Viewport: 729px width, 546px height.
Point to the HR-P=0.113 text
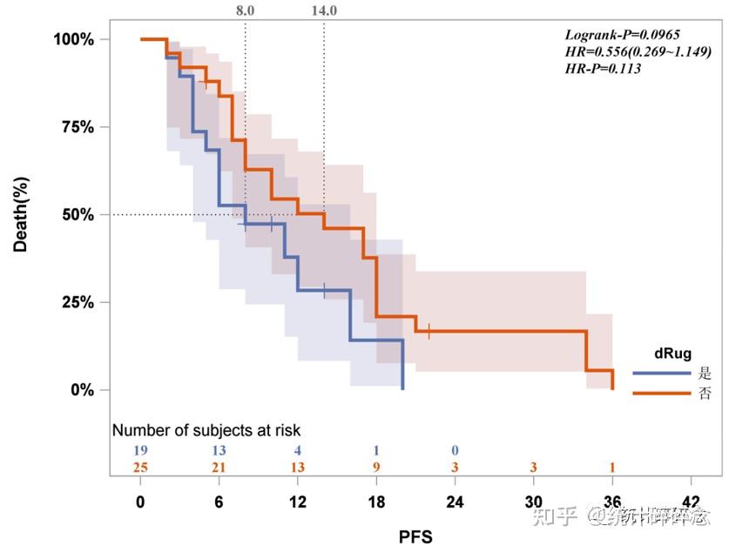pos(604,68)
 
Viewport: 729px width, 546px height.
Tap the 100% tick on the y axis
pos(74,39)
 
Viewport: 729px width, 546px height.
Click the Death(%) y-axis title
pos(21,214)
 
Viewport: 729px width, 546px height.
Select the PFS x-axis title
pos(415,533)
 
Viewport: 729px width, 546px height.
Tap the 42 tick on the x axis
pos(691,502)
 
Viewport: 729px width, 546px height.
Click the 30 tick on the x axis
pos(534,502)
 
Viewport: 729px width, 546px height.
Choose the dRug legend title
pos(672,354)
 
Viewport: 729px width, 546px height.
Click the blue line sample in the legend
pos(662,374)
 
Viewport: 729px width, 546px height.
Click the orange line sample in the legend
pos(662,394)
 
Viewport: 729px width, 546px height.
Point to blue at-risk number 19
pos(140,450)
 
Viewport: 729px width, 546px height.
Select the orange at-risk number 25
pos(140,468)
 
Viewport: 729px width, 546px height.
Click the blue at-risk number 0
pos(455,450)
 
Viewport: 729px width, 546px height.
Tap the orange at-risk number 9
pos(376,468)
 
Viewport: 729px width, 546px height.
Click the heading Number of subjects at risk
pos(206,430)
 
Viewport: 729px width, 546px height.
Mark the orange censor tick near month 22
pos(429,331)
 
